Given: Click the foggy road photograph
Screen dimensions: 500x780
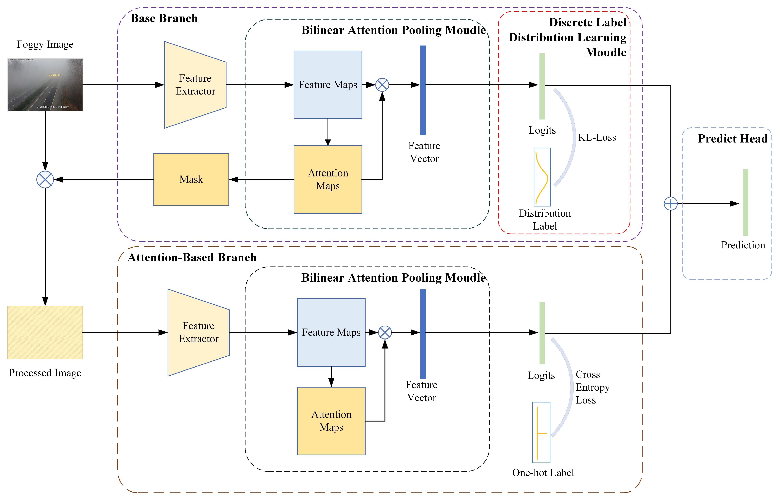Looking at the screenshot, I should pyautogui.click(x=45, y=85).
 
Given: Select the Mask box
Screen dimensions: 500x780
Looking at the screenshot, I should pyautogui.click(x=191, y=179).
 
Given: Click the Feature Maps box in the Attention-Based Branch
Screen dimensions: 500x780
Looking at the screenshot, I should pyautogui.click(x=331, y=332).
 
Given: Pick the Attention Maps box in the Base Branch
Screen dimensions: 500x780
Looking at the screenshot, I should pyautogui.click(x=328, y=179).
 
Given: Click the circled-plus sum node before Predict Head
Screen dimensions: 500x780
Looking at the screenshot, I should pyautogui.click(x=670, y=204).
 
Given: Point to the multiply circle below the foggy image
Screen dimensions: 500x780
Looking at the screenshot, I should pyautogui.click(x=45, y=179).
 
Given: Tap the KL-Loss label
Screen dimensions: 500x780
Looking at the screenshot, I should pyautogui.click(x=597, y=137).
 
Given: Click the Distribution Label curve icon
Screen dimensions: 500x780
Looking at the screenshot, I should pyautogui.click(x=542, y=177).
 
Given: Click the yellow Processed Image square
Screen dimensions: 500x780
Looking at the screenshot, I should pyautogui.click(x=45, y=332).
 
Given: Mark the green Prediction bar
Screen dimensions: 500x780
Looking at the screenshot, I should pyautogui.click(x=745, y=202).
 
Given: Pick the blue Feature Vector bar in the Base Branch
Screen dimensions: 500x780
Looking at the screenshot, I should pyautogui.click(x=423, y=90).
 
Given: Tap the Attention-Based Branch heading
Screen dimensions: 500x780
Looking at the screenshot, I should pyautogui.click(x=192, y=257).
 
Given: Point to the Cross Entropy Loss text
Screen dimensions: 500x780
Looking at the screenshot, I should pyautogui.click(x=592, y=387).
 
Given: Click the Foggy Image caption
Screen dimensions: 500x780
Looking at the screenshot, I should pyautogui.click(x=45, y=44).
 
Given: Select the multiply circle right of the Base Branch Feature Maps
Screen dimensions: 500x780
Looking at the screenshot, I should pyautogui.click(x=382, y=85).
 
